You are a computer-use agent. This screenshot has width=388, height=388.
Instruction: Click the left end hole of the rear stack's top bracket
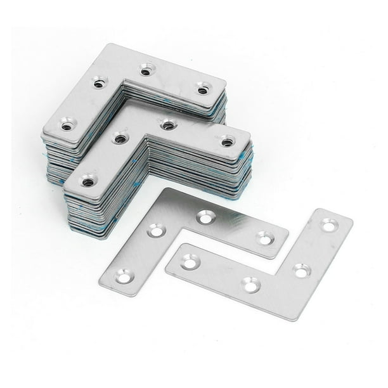pyautogui.click(x=67, y=126)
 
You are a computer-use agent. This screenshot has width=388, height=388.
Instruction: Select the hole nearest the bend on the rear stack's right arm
pyautogui.click(x=146, y=71)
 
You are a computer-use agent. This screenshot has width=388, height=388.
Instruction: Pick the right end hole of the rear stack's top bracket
pyautogui.click(x=202, y=89)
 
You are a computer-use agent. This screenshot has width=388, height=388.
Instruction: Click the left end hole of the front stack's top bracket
pyautogui.click(x=87, y=182)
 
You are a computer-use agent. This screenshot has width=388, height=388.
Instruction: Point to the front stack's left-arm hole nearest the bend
pyautogui.click(x=120, y=138)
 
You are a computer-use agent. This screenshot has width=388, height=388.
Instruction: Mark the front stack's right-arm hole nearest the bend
pyautogui.click(x=168, y=125)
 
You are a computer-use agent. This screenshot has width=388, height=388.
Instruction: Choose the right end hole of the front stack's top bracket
pyautogui.click(x=227, y=142)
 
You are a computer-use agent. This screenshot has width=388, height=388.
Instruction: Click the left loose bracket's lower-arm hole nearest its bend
pyautogui.click(x=156, y=231)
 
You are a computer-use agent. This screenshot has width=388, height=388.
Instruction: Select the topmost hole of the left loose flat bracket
pyautogui.click(x=205, y=217)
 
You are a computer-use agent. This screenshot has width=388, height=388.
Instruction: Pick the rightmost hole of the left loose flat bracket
pyautogui.click(x=264, y=238)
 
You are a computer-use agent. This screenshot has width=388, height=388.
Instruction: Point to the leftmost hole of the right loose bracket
pyautogui.click(x=188, y=259)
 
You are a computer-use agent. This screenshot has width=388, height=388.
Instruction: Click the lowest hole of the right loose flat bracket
pyautogui.click(x=251, y=285)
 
